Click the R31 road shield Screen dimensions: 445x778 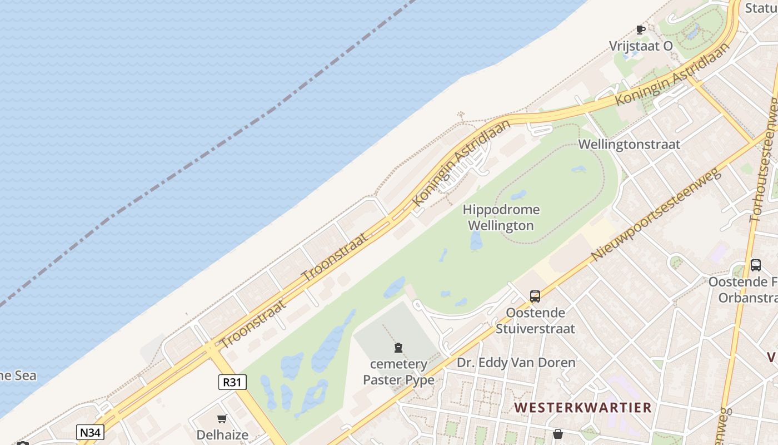[232, 382]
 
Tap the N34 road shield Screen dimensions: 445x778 [90, 432]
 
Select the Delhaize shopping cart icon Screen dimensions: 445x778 [222, 418]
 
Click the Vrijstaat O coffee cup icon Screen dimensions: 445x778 [640, 29]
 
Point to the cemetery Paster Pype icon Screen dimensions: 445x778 [398, 348]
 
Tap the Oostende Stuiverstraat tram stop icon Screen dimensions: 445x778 [535, 296]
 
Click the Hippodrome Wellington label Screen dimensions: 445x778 [501, 217]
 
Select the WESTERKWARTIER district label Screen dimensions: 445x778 [582, 407]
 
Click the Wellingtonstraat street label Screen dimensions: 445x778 [629, 145]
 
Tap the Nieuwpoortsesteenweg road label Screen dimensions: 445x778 [656, 214]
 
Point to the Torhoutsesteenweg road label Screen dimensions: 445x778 [764, 161]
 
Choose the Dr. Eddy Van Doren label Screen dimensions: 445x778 [516, 363]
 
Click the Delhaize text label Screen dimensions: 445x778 [222, 434]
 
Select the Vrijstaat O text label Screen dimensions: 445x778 [641, 46]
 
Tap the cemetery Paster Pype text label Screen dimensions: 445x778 [398, 372]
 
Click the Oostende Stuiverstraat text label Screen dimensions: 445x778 [535, 320]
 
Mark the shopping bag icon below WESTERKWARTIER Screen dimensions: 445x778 [558, 434]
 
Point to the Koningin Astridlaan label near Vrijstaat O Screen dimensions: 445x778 [672, 73]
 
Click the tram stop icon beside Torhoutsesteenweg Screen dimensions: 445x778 [755, 265]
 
